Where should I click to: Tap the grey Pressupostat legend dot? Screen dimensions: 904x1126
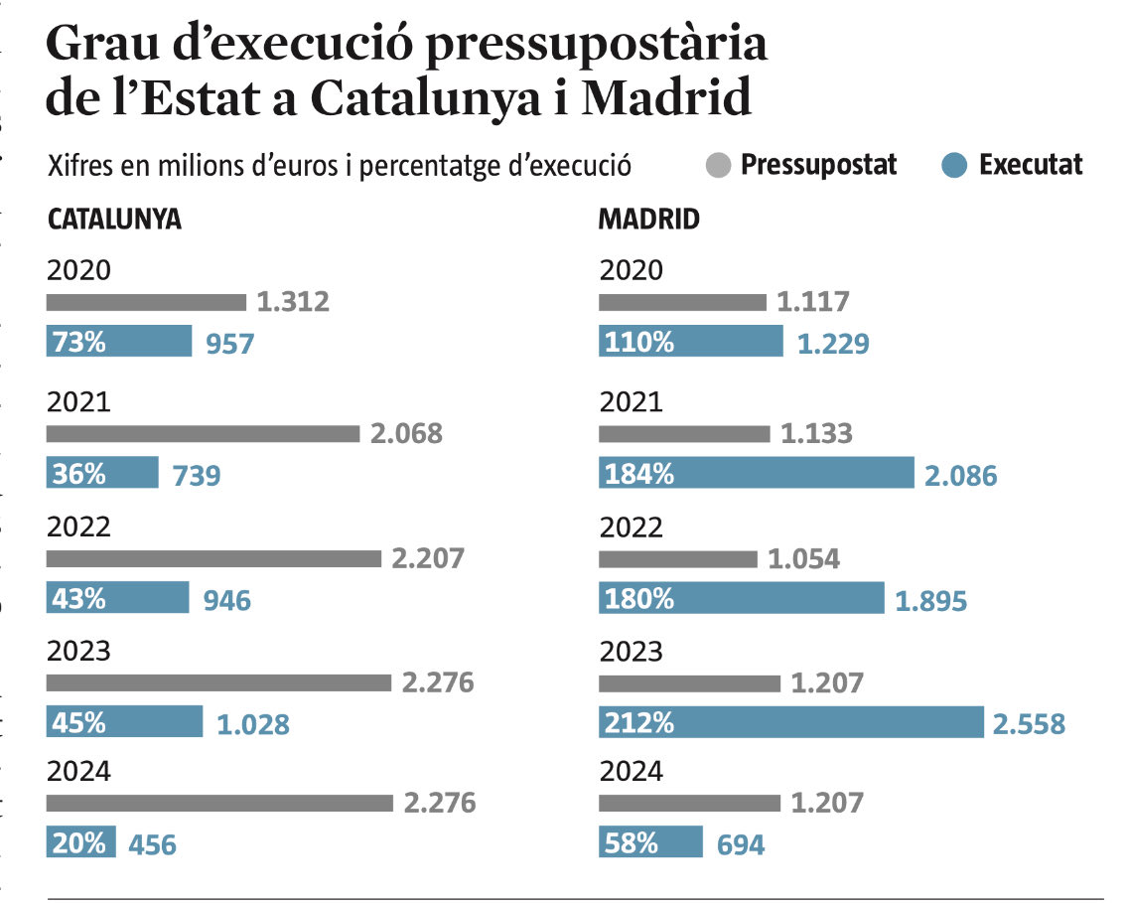[720, 165]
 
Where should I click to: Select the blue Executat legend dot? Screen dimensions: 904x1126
[954, 165]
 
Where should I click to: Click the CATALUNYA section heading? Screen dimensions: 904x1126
[114, 220]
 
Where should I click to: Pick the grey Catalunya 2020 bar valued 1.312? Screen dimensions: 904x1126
[146, 302]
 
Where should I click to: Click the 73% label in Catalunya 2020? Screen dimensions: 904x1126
[78, 343]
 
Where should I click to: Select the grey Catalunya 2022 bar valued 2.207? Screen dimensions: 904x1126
[213, 558]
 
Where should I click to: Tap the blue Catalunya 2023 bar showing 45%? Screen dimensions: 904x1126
[124, 722]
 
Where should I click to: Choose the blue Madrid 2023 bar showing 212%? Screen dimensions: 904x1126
[790, 722]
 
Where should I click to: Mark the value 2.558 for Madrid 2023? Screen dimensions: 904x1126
[1029, 724]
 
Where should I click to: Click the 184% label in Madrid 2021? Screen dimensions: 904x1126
[637, 474]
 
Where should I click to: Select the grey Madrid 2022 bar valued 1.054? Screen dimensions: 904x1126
[677, 558]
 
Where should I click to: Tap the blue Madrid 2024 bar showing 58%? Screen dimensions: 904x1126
[650, 843]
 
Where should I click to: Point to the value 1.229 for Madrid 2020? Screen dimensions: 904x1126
[833, 344]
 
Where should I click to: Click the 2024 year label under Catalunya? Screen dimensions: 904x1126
[78, 772]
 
